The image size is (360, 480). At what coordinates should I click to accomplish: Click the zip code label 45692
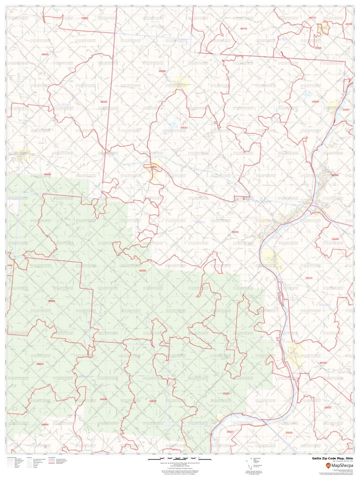(85, 17)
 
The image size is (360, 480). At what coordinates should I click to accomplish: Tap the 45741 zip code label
(243, 29)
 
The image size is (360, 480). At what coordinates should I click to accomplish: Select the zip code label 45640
(45, 54)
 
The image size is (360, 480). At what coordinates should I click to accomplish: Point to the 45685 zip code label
(103, 102)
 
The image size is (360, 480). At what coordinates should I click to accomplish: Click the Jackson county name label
(63, 104)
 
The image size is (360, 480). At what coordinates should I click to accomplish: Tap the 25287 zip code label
(346, 109)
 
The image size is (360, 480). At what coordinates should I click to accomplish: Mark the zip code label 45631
(235, 232)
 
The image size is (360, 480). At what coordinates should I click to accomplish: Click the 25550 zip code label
(335, 175)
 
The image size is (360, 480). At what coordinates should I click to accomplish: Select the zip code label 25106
(335, 239)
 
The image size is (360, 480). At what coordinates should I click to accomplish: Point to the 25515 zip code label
(309, 278)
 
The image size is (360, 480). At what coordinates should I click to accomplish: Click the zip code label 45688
(51, 301)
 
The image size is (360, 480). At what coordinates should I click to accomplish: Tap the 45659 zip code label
(40, 363)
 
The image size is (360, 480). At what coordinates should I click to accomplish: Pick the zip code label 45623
(226, 393)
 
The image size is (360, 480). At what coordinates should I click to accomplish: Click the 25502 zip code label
(323, 363)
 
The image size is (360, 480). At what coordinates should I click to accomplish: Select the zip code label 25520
(289, 433)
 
